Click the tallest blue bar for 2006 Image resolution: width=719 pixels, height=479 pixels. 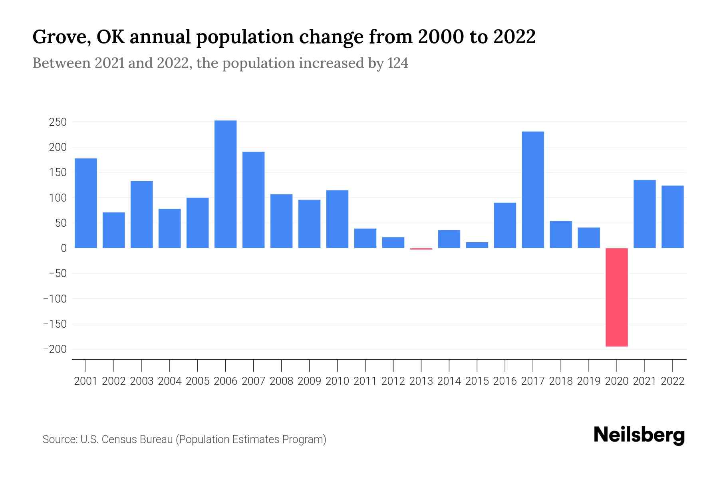coord(225,184)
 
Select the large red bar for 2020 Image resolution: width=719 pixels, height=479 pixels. coord(616,297)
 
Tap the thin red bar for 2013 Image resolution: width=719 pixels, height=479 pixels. coord(421,249)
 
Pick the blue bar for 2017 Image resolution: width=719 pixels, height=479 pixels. coord(532,190)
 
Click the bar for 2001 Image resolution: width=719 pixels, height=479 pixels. coord(86,203)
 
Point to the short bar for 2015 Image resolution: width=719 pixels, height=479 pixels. coord(477,245)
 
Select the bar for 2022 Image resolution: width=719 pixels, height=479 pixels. coord(672,217)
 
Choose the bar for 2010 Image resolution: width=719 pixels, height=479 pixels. coord(337,219)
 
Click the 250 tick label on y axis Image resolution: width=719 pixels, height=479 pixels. coord(58,122)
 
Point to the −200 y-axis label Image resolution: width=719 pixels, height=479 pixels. coord(55,349)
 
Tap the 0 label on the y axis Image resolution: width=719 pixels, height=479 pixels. coord(64,248)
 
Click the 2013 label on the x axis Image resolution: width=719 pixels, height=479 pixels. coord(421,381)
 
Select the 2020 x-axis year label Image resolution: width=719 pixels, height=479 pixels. coord(616,381)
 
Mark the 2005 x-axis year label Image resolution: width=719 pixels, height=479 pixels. coord(198,381)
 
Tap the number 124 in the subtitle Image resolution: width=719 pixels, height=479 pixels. coord(397,63)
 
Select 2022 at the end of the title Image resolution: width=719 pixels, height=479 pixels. coord(514,37)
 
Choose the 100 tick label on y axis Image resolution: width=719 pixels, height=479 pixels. coord(58,198)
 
